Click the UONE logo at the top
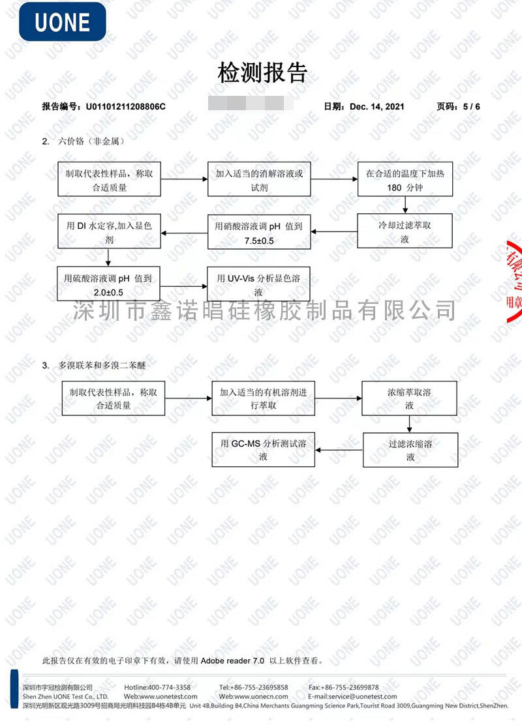[x=63, y=22]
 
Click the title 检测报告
[x=262, y=73]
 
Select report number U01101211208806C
[x=121, y=106]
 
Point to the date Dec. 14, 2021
[x=377, y=106]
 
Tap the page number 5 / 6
[x=470, y=106]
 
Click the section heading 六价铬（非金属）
[x=91, y=141]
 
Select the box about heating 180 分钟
[x=405, y=179]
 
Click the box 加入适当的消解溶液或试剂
[x=259, y=179]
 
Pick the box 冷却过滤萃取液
[x=405, y=232]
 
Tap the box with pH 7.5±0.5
[x=259, y=232]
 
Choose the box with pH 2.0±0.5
[x=109, y=284]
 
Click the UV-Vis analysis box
[x=259, y=284]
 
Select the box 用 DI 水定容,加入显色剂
[x=109, y=232]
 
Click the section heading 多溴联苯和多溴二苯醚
[x=102, y=366]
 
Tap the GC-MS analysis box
[x=264, y=449]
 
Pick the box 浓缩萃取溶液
[x=409, y=398]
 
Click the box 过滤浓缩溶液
[x=410, y=450]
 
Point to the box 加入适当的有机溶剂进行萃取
[x=264, y=398]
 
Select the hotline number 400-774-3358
[x=169, y=687]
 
